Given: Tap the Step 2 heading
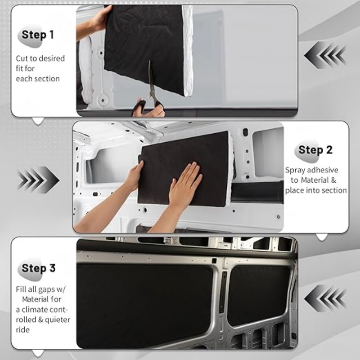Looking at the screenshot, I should click(x=315, y=150).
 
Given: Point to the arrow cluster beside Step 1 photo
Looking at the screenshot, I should click(x=325, y=55).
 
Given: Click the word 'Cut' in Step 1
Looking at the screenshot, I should click(x=22, y=58).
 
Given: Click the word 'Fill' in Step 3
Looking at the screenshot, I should click(x=22, y=289).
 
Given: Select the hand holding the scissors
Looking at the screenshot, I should click(x=148, y=109).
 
